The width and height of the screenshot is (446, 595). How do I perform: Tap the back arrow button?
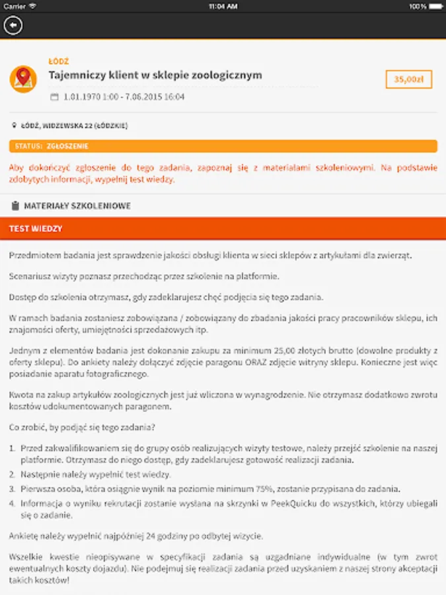pyautogui.click(x=13, y=25)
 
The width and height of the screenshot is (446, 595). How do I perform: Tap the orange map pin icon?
pyautogui.click(x=23, y=79)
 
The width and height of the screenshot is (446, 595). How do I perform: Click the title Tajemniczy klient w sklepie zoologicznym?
pyautogui.click(x=155, y=75)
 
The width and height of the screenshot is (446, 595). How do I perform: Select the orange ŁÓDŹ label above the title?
pyautogui.click(x=59, y=61)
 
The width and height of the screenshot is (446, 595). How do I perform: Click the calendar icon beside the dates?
pyautogui.click(x=54, y=97)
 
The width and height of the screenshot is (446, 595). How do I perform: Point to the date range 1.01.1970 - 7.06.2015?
pyautogui.click(x=124, y=97)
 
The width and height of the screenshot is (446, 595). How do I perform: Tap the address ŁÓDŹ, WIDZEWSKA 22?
pyautogui.click(x=74, y=126)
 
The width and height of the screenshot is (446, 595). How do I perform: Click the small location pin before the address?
pyautogui.click(x=14, y=126)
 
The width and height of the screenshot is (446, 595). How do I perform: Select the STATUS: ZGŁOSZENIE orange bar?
pyautogui.click(x=223, y=146)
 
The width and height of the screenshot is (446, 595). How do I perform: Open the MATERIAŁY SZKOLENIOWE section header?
pyautogui.click(x=77, y=206)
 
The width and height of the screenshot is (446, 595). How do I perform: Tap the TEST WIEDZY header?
pyautogui.click(x=36, y=229)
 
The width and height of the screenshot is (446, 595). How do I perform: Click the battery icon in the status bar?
pyautogui.click(x=436, y=6)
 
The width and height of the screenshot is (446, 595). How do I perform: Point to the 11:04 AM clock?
pyautogui.click(x=223, y=6)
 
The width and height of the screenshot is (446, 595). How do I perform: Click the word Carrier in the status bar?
pyautogui.click(x=15, y=6)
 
